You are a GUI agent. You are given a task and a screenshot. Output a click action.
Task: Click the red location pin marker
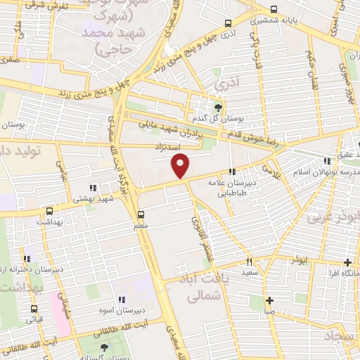(x=181, y=166)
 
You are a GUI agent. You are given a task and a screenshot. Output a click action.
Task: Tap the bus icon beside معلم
(x=141, y=214)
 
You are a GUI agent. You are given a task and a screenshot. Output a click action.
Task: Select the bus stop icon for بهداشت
(x=49, y=210)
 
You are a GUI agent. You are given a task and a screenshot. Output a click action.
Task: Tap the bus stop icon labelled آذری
(x=226, y=22)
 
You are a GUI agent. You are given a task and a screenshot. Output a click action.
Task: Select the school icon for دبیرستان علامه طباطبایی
(x=231, y=172)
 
